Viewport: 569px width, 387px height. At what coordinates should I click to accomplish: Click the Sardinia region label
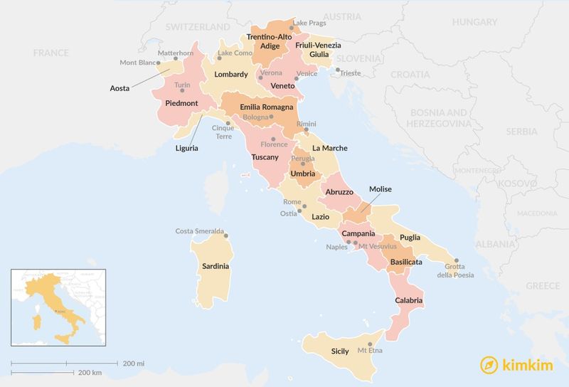click(216, 266)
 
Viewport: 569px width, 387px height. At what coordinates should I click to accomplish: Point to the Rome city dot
click(305, 206)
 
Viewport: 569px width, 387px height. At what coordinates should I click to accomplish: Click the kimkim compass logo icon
click(489, 365)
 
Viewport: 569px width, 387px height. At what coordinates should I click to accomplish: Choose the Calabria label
click(409, 300)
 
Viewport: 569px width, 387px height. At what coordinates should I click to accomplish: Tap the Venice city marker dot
click(286, 79)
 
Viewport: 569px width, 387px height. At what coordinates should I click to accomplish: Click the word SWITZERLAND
click(197, 27)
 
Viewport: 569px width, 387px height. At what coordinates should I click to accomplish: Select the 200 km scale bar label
click(90, 373)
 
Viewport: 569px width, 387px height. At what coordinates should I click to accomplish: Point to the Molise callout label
click(381, 189)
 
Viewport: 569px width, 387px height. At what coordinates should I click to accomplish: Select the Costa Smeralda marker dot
click(227, 236)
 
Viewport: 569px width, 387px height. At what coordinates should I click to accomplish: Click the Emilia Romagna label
click(257, 107)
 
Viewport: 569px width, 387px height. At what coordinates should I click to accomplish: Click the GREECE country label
click(543, 285)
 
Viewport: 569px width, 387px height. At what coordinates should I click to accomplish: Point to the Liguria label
click(187, 148)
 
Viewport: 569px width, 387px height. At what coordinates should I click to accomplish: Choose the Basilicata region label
click(406, 262)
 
